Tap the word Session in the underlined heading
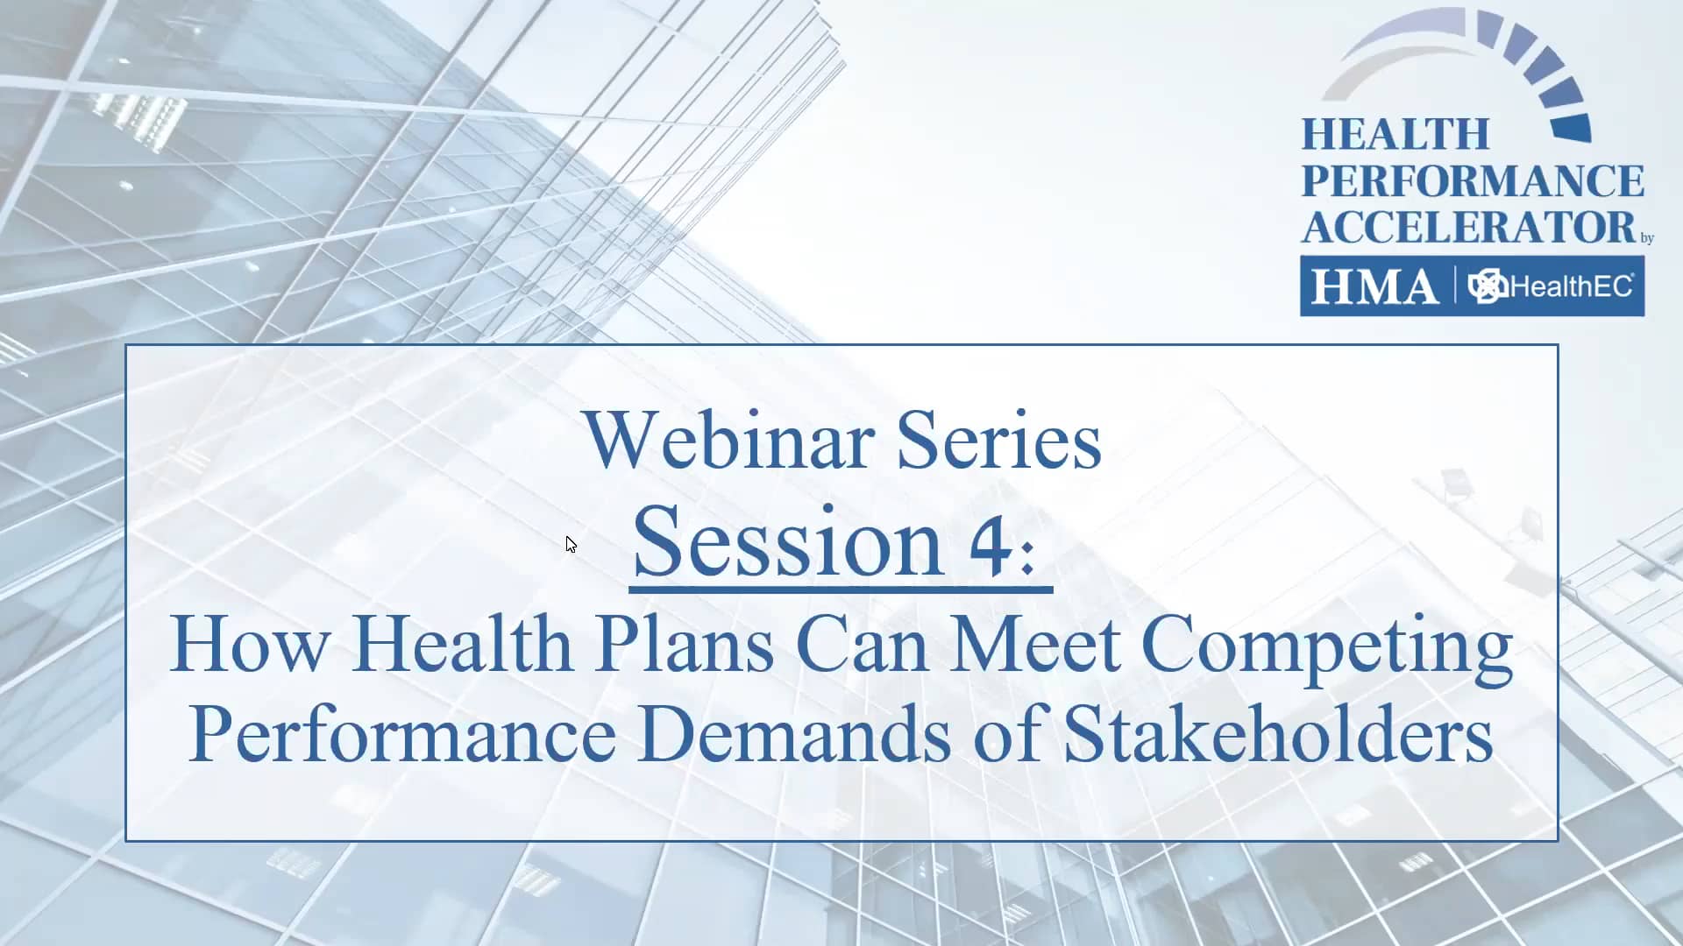click(787, 542)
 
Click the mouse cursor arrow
click(571, 545)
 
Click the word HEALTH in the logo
click(1395, 135)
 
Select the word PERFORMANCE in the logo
click(1473, 181)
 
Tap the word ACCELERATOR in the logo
click(1469, 227)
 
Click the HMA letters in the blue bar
click(1374, 286)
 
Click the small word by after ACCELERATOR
click(1647, 238)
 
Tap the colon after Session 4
click(1028, 557)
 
